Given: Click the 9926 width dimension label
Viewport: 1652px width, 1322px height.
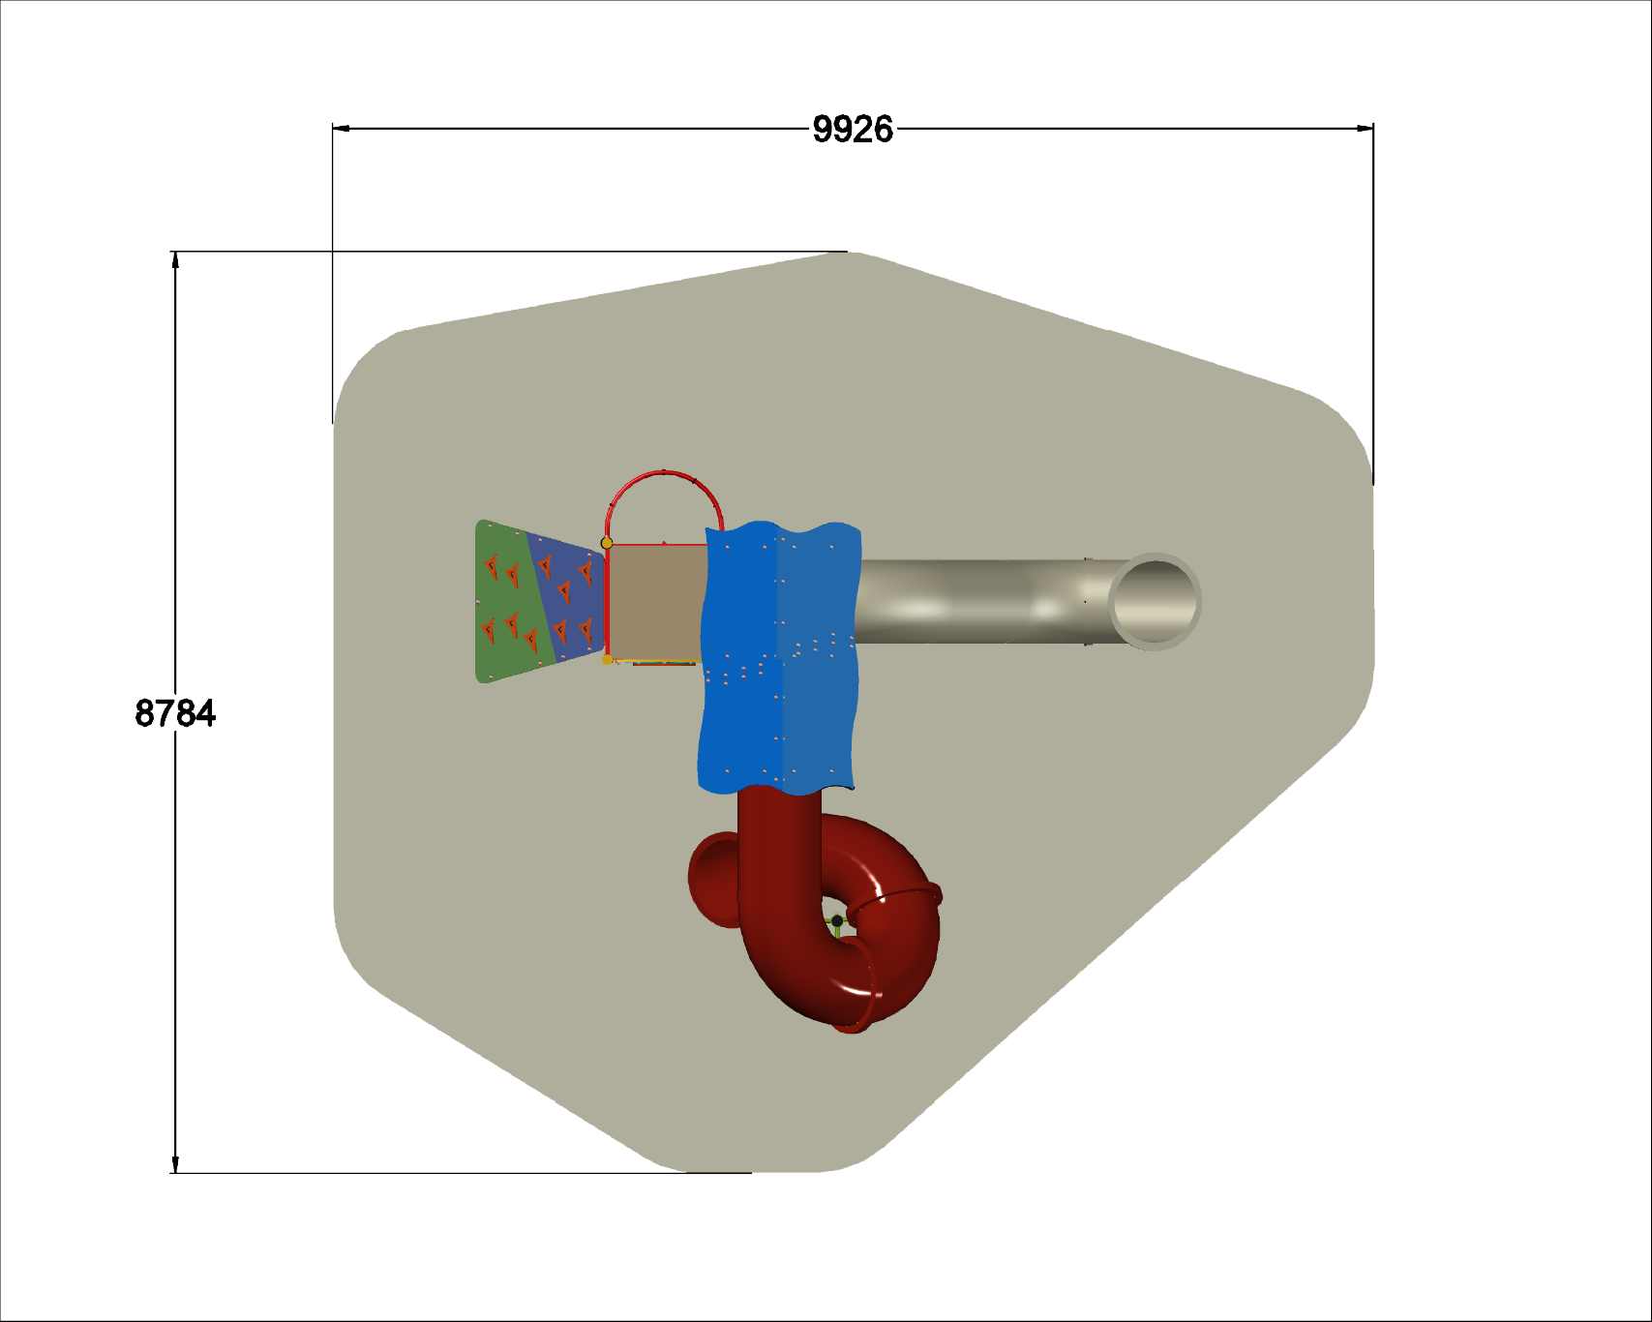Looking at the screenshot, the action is (x=853, y=129).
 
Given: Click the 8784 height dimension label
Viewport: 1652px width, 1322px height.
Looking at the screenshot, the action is (x=175, y=713).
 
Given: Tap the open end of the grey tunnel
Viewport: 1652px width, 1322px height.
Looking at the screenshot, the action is (x=1155, y=601).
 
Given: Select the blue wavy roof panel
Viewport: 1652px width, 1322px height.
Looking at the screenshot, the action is (x=779, y=658).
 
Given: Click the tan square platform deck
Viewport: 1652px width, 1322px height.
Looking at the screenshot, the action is (x=657, y=602).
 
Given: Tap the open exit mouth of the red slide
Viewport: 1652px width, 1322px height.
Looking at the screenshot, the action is (x=714, y=878).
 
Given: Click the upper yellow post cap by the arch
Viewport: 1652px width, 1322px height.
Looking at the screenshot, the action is (x=607, y=543).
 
